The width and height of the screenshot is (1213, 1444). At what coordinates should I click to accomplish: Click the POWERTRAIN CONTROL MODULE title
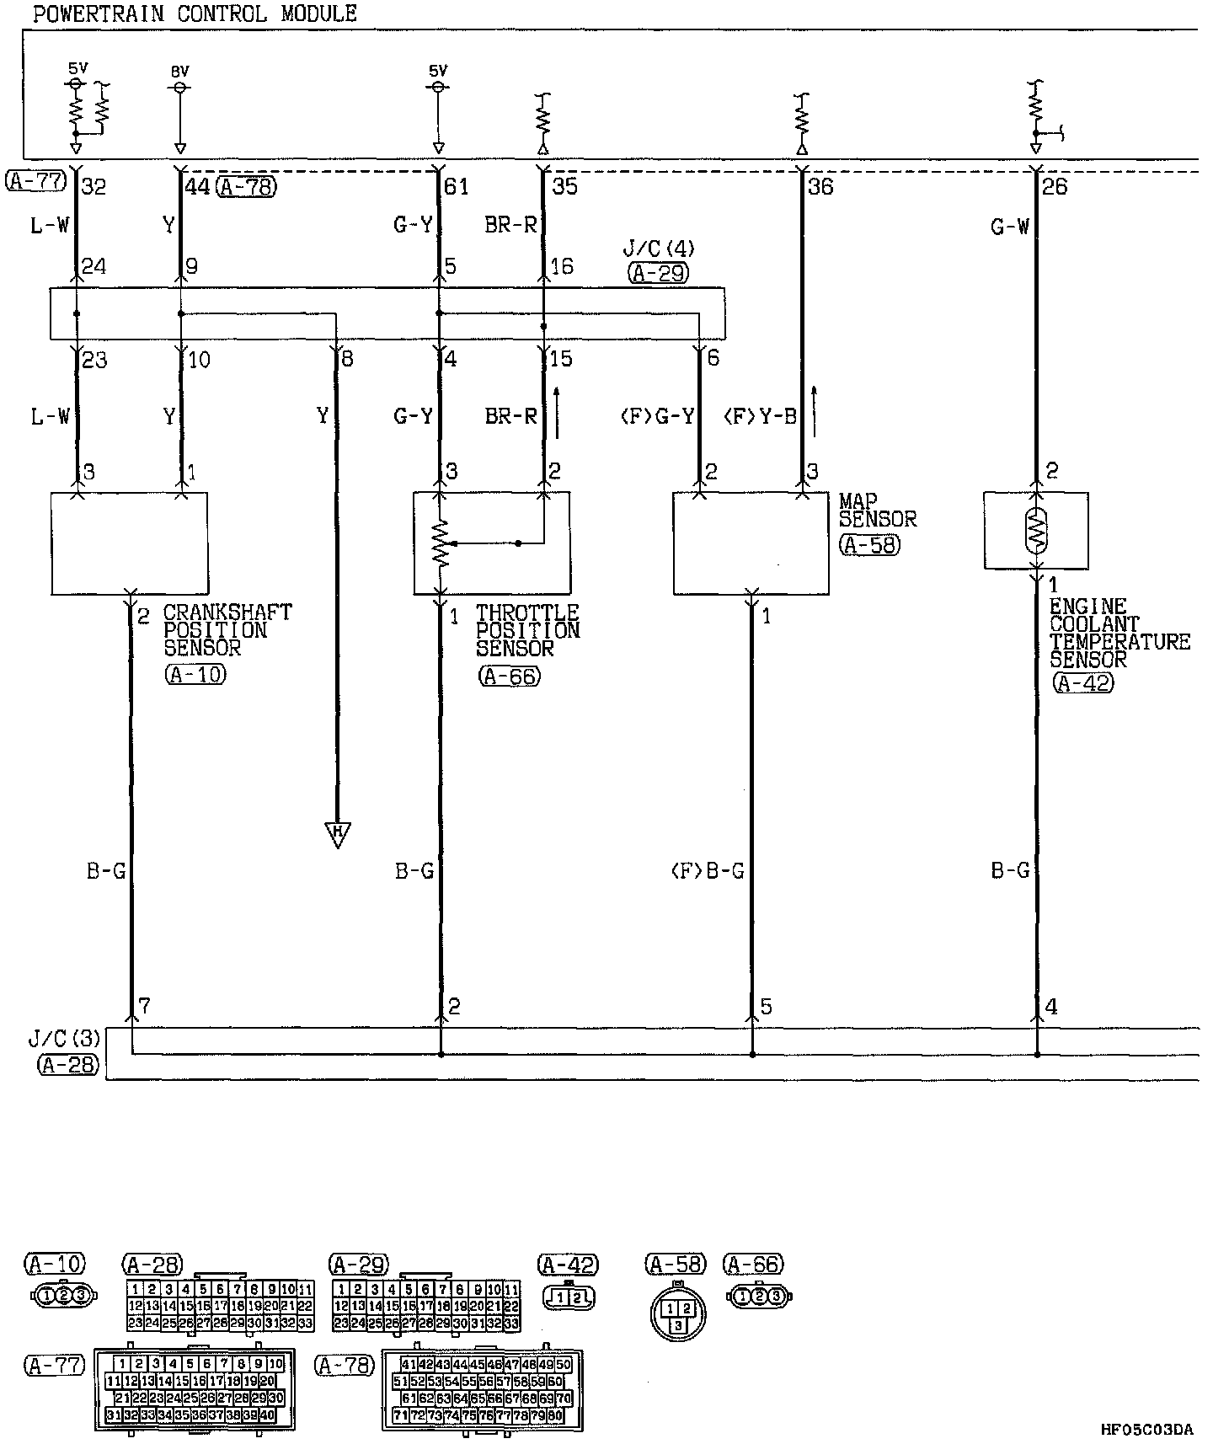pos(195,14)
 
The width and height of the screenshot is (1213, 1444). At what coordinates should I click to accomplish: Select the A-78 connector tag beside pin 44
pos(246,186)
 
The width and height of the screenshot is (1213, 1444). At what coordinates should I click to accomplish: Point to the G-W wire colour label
pos(1009,226)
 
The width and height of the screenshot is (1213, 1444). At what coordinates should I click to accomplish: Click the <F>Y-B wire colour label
pos(760,416)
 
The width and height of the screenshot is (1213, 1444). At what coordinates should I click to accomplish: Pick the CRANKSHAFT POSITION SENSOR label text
pos(227,630)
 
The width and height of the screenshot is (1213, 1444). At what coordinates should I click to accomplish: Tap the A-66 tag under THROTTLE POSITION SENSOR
pos(509,675)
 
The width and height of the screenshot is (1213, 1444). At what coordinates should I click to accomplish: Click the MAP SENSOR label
pos(878,511)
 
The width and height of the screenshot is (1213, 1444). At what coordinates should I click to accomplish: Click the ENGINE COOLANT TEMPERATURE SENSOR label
pos(1119,633)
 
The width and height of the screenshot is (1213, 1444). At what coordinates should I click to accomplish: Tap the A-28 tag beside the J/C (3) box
pos(67,1065)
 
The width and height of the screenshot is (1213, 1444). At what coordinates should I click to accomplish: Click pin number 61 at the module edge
pos(456,186)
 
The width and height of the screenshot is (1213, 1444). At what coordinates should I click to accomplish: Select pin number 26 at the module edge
pos(1054,186)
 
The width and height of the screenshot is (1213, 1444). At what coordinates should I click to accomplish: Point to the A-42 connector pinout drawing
pos(569,1297)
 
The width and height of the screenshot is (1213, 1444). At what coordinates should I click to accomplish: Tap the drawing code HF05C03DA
pos(1146,1430)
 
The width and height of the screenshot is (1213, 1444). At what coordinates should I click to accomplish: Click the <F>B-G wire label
pos(708,871)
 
